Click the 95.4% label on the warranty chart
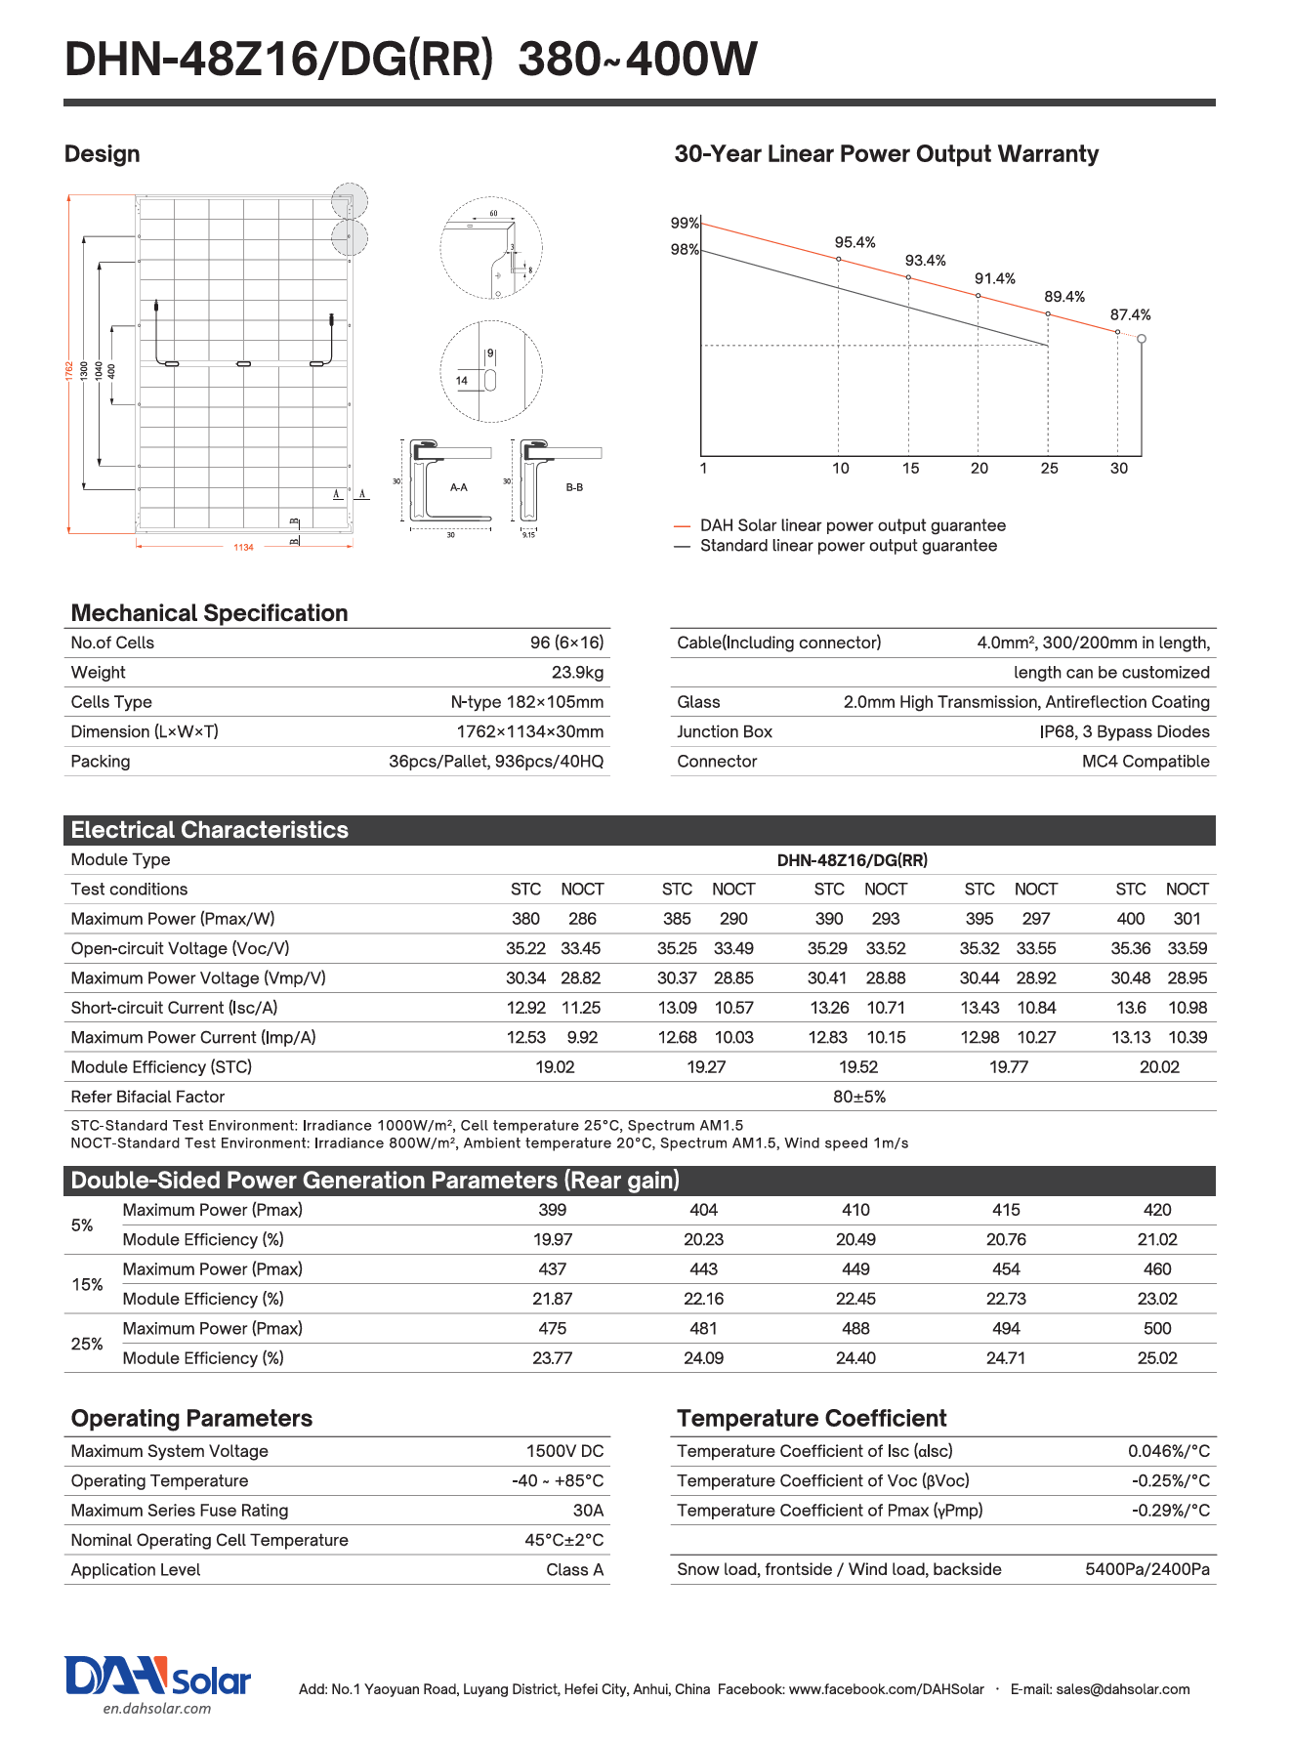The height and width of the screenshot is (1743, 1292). point(854,242)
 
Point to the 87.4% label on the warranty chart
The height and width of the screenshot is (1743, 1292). point(1130,314)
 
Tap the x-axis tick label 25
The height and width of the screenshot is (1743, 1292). point(1049,469)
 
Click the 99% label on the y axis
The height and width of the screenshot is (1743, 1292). point(685,223)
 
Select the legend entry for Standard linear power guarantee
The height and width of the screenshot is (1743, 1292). point(848,546)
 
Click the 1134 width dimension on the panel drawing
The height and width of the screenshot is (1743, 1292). point(243,547)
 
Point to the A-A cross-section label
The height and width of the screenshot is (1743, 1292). point(458,487)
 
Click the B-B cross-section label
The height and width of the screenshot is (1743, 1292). point(574,487)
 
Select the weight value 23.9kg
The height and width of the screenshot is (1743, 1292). point(577,673)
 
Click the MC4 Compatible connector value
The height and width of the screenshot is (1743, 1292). point(1145,762)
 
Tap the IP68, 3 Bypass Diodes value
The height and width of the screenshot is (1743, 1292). point(1124,732)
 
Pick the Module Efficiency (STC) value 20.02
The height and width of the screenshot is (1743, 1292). point(1159,1067)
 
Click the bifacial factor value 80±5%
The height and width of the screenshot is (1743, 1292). point(859,1097)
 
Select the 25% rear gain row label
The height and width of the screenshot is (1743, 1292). point(87,1344)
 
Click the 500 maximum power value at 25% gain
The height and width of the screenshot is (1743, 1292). point(1157,1329)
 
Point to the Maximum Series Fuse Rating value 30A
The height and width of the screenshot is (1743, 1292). point(588,1511)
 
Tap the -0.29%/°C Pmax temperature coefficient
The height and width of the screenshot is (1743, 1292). point(1170,1511)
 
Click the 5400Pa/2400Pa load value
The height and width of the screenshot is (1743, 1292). point(1146,1569)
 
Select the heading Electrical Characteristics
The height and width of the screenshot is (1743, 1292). point(210,830)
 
